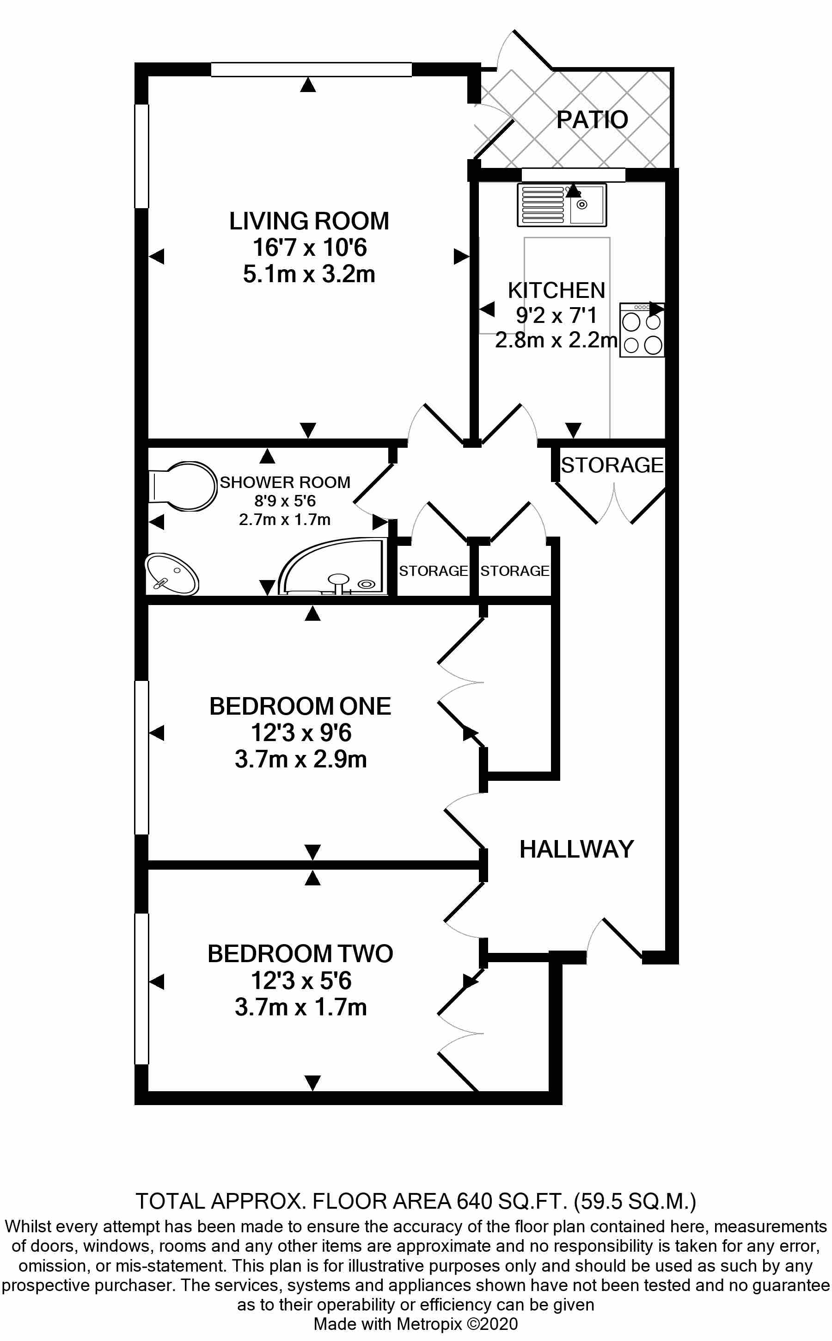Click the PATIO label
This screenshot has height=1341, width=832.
pyautogui.click(x=592, y=119)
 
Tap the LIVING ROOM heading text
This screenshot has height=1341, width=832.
pyautogui.click(x=309, y=222)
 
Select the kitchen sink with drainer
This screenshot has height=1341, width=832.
pyautogui.click(x=561, y=205)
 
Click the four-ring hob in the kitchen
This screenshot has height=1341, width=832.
pyautogui.click(x=642, y=330)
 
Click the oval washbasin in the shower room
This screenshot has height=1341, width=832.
pyautogui.click(x=171, y=575)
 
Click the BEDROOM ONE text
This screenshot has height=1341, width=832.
pyautogui.click(x=300, y=706)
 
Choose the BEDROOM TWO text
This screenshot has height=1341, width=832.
pyautogui.click(x=300, y=953)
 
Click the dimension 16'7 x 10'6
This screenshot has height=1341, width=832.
pyautogui.click(x=309, y=248)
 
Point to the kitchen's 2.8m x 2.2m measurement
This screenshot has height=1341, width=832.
pyautogui.click(x=556, y=340)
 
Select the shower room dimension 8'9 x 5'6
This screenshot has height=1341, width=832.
pyautogui.click(x=284, y=501)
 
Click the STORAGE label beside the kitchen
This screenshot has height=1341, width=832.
pyautogui.click(x=612, y=465)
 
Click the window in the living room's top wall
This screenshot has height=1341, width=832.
pyautogui.click(x=311, y=69)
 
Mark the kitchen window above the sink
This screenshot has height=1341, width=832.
pyautogui.click(x=573, y=174)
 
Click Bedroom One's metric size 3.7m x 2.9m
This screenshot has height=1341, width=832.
pyautogui.click(x=300, y=760)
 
